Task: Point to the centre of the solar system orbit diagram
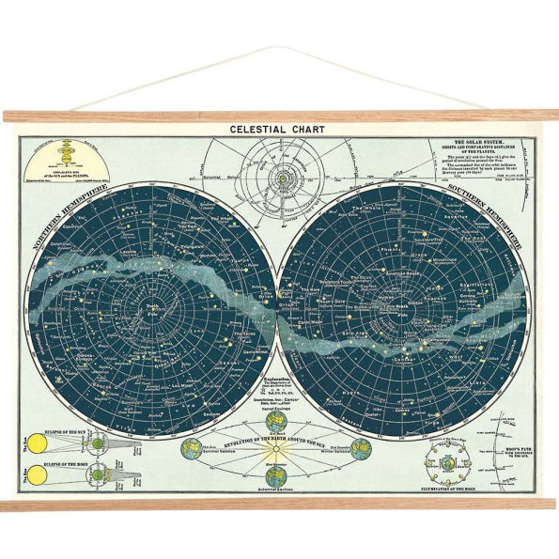point(280,176)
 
